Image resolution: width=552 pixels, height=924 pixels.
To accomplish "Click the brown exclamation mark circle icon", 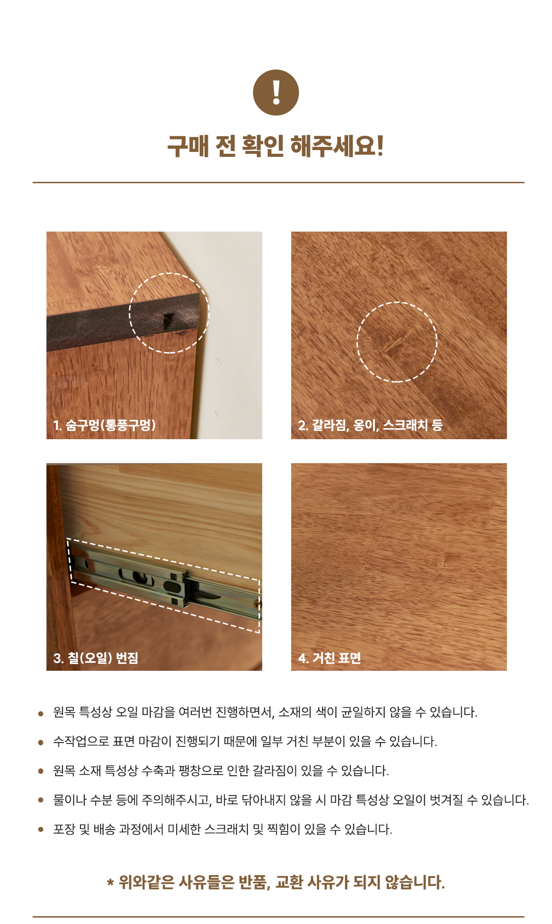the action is tap(276, 93).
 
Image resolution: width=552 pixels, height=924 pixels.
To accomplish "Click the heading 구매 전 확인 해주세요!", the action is tap(276, 146).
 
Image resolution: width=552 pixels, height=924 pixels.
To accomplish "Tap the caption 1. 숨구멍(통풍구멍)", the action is tap(104, 425).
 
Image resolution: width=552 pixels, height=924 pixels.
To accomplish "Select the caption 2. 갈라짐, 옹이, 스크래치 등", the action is tap(370, 425).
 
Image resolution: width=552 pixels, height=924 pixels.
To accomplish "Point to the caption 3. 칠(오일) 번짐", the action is tap(96, 658).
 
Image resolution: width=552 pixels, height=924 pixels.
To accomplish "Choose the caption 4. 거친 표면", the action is tap(329, 658).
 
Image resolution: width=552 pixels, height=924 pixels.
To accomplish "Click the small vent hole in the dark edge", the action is tap(169, 321).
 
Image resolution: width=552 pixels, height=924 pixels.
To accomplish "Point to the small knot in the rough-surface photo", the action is tap(442, 563).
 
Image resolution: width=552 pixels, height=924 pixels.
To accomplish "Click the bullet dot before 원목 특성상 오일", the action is tap(41, 714).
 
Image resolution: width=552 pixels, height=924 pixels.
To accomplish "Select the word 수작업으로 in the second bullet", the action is tap(81, 741).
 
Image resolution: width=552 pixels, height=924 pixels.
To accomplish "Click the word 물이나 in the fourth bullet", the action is tap(69, 800).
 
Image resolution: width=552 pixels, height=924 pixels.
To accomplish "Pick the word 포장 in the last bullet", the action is tap(64, 829).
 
